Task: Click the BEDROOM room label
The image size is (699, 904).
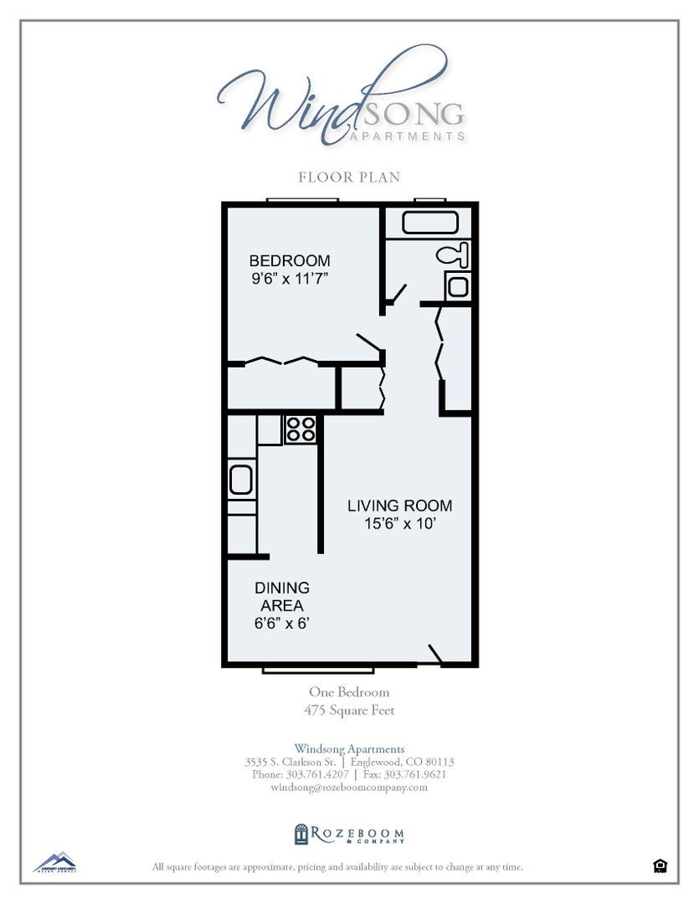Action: tap(289, 261)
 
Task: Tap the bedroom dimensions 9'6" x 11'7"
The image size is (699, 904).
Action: tap(289, 280)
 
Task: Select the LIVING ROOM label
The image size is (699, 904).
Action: tap(399, 506)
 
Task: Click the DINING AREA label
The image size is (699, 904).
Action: tap(281, 597)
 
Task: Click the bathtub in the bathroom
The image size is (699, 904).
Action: tap(430, 223)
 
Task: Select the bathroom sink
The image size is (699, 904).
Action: tap(457, 286)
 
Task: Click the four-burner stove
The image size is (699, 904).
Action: tap(300, 429)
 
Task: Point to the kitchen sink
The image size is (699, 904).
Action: tap(241, 480)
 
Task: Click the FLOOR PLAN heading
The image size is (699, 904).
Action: tap(349, 177)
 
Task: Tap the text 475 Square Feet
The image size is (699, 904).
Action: tap(349, 711)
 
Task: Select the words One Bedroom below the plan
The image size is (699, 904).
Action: tap(349, 692)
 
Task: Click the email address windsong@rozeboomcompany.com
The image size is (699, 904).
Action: tap(349, 788)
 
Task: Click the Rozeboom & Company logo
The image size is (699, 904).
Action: tap(349, 835)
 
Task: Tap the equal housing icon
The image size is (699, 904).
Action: tap(660, 866)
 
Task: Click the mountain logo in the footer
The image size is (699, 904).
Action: tap(54, 862)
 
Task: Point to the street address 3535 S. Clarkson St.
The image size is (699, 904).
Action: tap(290, 763)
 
